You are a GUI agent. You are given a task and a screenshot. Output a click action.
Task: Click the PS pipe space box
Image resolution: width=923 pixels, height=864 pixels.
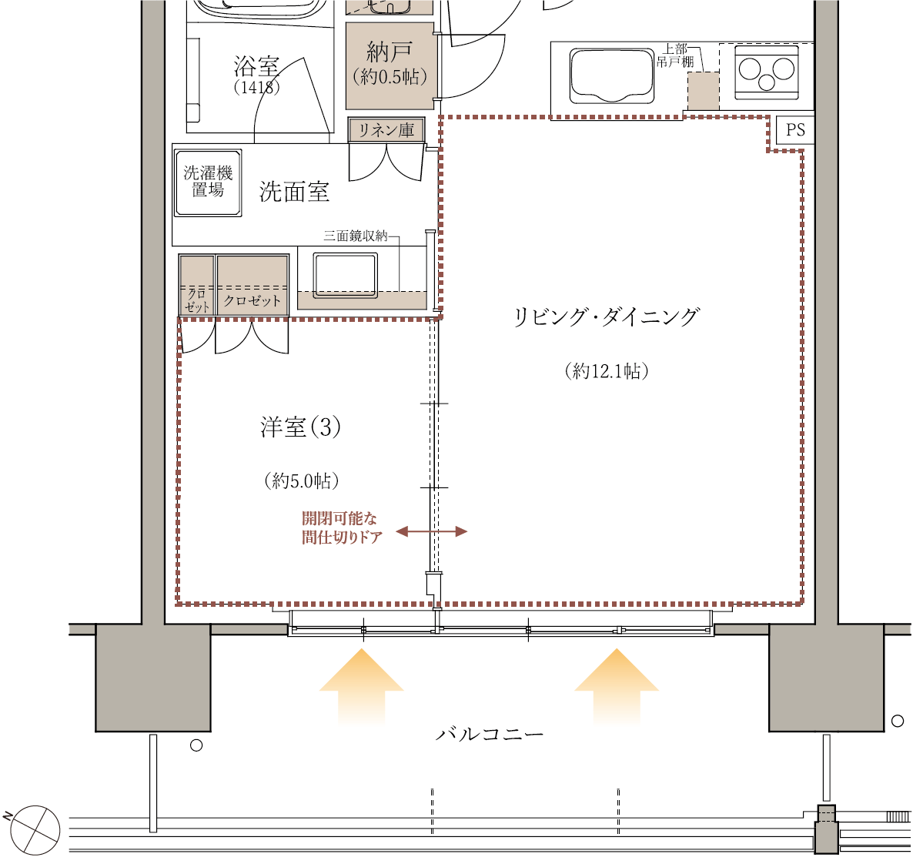point(794,129)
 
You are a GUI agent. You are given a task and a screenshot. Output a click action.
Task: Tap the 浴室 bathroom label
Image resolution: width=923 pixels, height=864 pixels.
point(256,66)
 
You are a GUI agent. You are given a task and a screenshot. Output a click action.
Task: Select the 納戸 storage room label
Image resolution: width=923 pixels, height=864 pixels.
point(389,52)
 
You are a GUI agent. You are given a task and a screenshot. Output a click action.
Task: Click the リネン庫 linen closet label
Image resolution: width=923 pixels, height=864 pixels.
point(386,130)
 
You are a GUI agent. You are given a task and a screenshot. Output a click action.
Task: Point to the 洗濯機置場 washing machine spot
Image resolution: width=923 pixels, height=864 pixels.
point(208,183)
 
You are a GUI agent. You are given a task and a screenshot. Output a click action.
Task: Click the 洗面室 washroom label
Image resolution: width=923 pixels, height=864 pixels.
point(294,192)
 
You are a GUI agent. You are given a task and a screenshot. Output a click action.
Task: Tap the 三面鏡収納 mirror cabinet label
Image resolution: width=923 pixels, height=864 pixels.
point(356,236)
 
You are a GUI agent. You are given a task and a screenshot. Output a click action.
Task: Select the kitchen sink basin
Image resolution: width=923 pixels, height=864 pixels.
point(611,76)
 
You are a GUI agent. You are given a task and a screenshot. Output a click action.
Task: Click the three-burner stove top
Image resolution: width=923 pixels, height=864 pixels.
point(767,72)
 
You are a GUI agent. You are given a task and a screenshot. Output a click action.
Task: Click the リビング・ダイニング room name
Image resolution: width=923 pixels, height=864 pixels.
point(607,316)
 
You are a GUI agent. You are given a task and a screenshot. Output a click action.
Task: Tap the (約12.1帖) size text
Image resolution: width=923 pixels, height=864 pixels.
point(607,371)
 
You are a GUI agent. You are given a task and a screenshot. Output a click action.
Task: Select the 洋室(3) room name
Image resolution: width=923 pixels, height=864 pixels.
point(300,427)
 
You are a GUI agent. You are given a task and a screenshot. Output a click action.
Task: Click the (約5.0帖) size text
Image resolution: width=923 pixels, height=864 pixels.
point(302,481)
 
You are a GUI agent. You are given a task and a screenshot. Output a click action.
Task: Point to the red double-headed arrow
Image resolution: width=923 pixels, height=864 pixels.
point(432,531)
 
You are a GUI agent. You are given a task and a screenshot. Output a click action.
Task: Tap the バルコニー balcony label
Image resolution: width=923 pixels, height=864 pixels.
point(490,734)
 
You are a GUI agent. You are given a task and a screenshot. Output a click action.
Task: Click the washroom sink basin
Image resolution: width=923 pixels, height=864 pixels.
point(345,275)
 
